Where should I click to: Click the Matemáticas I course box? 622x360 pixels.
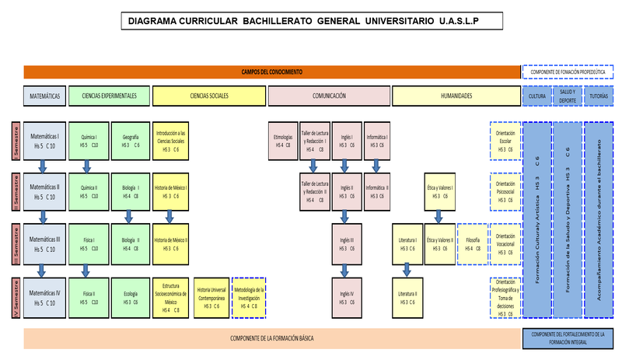pyautogui.click(x=44, y=140)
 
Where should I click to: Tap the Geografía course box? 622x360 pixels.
pyautogui.click(x=131, y=141)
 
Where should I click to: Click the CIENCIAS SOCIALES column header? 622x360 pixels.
pyautogui.click(x=209, y=96)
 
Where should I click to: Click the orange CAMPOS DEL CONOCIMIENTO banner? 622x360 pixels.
pyautogui.click(x=272, y=72)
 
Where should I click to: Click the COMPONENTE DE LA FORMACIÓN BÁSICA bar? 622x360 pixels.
pyautogui.click(x=272, y=338)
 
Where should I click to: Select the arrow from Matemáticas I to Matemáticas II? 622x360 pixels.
pyautogui.click(x=44, y=166)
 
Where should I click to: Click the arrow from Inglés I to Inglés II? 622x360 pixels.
pyautogui.click(x=345, y=166)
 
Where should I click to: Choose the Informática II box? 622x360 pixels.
pyautogui.click(x=377, y=191)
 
